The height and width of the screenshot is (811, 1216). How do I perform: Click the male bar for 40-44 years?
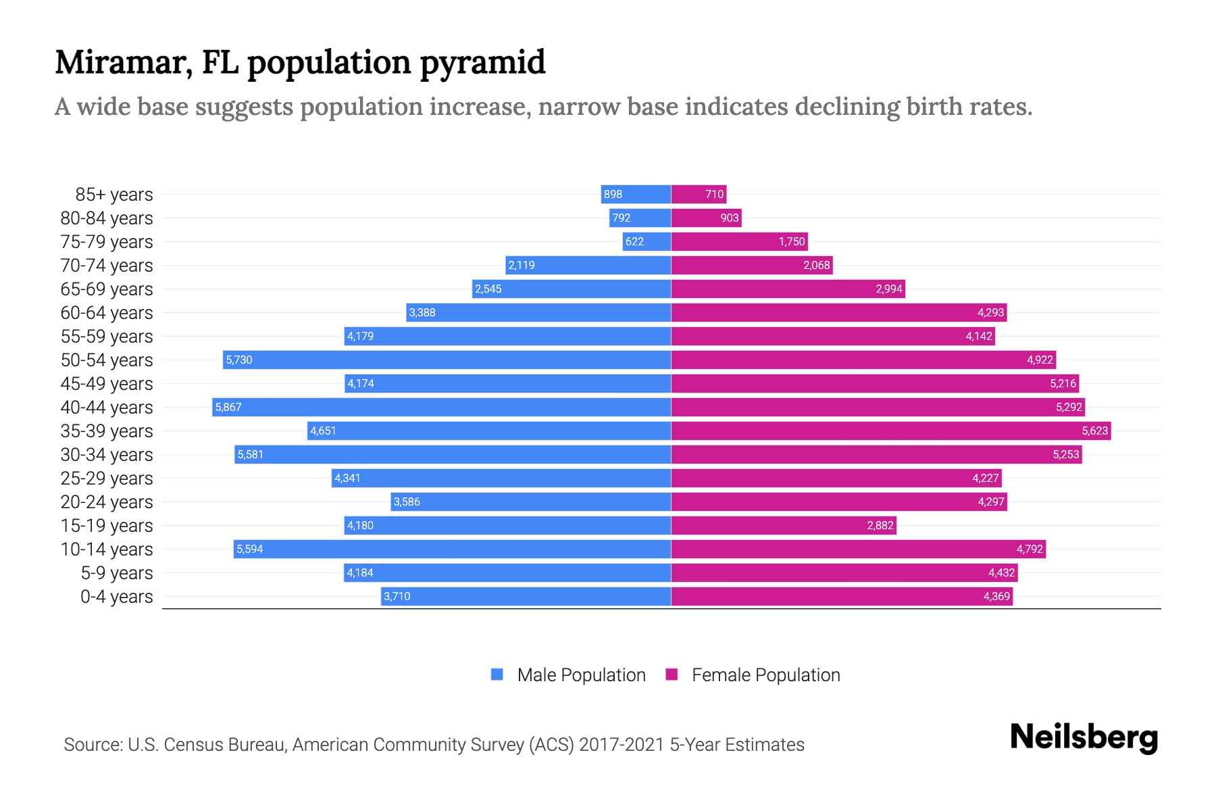click(441, 407)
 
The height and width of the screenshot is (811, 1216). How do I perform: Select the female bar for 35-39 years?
click(890, 431)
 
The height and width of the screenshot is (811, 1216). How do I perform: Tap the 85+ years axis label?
click(113, 195)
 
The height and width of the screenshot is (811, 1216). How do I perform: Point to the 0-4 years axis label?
click(116, 597)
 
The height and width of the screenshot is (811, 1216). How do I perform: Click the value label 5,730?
click(239, 360)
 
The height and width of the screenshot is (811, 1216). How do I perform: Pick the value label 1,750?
click(792, 242)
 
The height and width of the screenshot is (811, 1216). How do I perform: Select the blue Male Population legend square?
click(497, 674)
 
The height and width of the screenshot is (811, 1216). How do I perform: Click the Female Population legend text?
click(765, 675)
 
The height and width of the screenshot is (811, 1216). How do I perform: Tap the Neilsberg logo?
click(1084, 737)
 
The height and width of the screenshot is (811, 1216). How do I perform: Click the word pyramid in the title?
click(482, 63)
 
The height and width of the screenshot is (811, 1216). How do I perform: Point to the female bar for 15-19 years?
click(784, 525)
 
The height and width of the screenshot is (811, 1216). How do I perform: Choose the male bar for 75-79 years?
click(647, 241)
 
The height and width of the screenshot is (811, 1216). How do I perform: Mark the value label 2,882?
click(880, 526)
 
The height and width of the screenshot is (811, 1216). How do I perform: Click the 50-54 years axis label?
click(107, 360)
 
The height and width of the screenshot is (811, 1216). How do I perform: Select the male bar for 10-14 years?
click(452, 549)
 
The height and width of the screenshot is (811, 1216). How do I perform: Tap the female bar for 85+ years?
click(699, 194)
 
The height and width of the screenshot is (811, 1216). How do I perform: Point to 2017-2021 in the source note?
click(622, 745)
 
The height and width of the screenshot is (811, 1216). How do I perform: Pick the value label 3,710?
click(397, 597)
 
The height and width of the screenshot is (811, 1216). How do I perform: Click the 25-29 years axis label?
click(107, 478)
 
